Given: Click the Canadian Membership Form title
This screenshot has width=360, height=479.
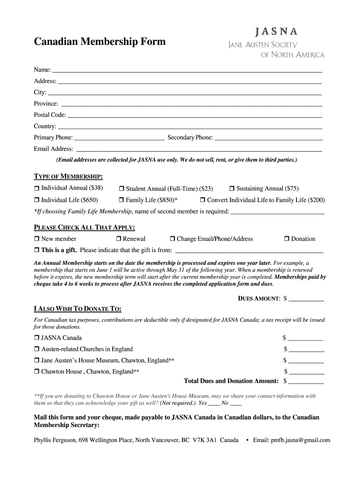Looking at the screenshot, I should pos(100,42).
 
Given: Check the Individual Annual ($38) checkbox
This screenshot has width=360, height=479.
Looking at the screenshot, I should pos(37,189).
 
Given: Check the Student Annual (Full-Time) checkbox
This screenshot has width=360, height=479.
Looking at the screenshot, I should pos(121,189).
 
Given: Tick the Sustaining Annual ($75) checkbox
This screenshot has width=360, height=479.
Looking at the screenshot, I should pos(231,189).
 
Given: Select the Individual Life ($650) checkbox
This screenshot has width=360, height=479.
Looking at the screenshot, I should pos(37,200).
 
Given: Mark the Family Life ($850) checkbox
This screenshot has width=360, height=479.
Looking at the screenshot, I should pos(121,200).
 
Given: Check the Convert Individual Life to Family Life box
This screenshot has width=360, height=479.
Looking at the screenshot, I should pos(203,200).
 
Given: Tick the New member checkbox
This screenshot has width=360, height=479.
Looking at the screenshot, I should pos(37,239).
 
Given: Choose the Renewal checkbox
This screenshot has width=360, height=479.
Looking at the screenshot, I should pos(118,239).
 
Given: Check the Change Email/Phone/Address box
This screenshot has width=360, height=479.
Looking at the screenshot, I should pos(173,239).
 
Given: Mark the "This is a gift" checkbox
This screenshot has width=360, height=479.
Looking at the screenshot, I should pos(37,250).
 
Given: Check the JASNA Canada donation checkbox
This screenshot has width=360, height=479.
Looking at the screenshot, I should pos(37,338).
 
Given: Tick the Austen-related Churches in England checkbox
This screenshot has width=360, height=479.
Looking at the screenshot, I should pos(37,349).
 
